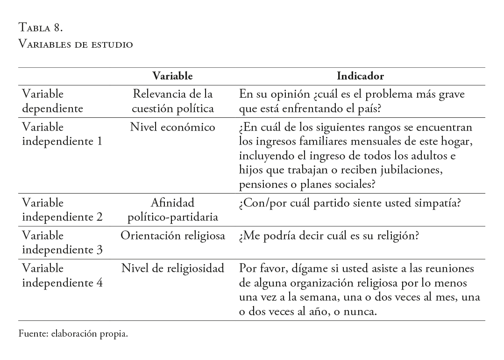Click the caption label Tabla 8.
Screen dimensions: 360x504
pos(40,28)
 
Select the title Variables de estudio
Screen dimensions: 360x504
pos(75,44)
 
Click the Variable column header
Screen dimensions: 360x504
pos(172,76)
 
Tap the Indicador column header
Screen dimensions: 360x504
pos(360,76)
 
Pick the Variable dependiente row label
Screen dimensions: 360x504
pos(52,101)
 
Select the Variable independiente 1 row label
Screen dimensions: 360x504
pos(62,134)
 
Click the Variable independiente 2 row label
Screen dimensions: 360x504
pos(62,210)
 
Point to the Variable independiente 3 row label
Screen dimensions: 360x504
pos(62,243)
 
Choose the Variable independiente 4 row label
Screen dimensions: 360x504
pos(62,276)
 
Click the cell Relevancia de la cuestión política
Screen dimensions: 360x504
pos(172,101)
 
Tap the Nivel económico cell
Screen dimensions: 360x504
pos(172,127)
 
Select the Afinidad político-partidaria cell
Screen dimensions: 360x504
pos(172,210)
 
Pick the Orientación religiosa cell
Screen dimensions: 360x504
pos(173,236)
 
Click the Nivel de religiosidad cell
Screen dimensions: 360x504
pos(173,269)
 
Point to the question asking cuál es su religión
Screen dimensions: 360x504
pos(328,236)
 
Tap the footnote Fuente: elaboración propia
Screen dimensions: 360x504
pos(73,334)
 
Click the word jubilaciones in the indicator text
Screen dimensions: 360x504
pos(412,170)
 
